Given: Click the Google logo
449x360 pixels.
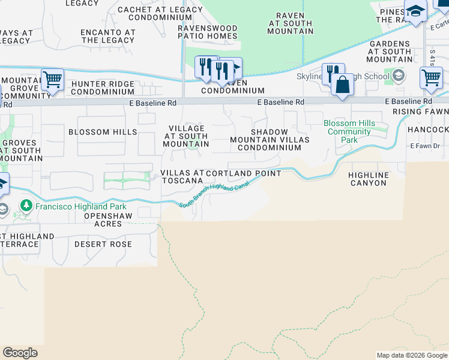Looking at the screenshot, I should tap(20, 353).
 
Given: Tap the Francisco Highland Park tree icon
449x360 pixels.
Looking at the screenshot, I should tap(25, 206).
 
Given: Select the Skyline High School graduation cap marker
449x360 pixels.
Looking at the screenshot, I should tap(398, 76).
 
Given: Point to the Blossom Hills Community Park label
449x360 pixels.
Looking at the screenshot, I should tap(349, 131).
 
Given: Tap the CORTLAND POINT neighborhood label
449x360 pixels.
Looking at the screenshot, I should tap(243, 173).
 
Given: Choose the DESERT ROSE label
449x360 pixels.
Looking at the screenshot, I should tap(103, 244).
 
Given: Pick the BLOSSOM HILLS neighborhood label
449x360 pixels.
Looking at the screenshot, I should tap(103, 132).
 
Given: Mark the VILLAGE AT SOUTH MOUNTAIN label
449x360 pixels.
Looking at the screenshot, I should tap(186, 136).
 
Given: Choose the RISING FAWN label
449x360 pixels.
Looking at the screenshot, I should tap(420, 112).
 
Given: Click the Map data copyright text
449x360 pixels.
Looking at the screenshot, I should tap(411, 355).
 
